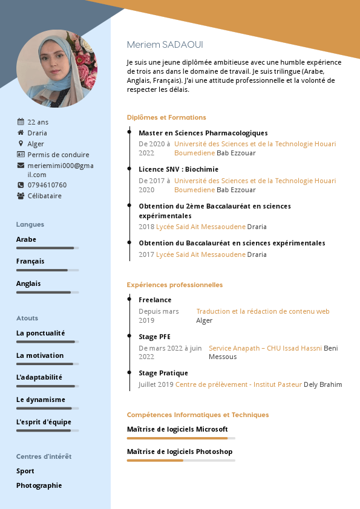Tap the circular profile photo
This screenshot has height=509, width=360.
click(57, 68)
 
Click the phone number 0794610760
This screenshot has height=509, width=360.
click(47, 185)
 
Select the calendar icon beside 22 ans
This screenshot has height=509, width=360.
click(21, 122)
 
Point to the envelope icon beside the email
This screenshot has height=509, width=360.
click(21, 166)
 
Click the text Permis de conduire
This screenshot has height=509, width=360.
click(58, 155)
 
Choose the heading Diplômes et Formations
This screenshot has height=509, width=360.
click(166, 117)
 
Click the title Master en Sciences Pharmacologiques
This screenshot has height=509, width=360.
click(203, 133)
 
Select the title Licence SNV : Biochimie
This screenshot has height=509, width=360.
click(178, 169)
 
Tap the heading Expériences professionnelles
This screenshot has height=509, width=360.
click(174, 285)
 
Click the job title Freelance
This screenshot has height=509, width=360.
click(155, 300)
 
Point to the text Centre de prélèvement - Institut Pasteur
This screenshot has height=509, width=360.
click(238, 384)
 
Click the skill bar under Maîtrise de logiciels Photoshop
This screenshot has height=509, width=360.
click(181, 461)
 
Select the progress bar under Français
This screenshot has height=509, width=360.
click(47, 270)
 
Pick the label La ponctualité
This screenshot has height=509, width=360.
click(41, 333)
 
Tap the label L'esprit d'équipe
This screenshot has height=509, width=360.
click(44, 422)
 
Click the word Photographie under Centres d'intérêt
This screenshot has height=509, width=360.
click(39, 485)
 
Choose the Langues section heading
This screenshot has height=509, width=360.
click(30, 225)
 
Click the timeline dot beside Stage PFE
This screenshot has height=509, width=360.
click(129, 336)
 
